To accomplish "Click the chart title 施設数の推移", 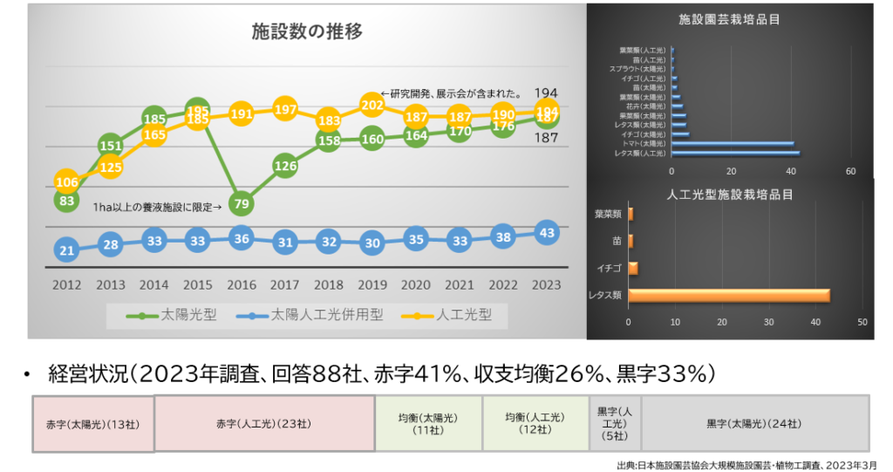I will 306,32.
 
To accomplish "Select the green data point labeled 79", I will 242,203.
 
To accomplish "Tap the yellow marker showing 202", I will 372,106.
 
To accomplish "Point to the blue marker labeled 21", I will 66,250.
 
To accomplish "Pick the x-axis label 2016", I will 242,284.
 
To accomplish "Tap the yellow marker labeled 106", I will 66,181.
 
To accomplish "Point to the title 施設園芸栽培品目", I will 729,17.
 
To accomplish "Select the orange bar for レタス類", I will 728,295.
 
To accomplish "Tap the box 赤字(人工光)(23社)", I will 264,424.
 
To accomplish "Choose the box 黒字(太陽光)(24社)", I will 755,424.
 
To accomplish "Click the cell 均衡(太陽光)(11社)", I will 427,424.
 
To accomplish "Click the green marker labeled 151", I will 111,146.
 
